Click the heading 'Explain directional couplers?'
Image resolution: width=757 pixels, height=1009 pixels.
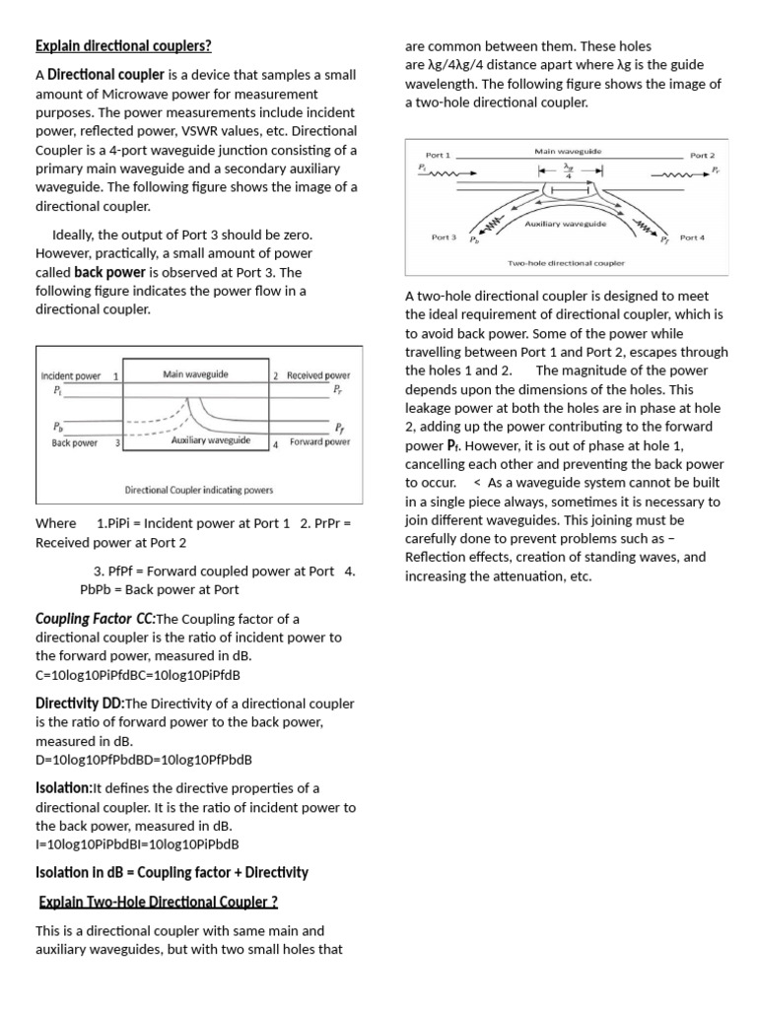(x=123, y=46)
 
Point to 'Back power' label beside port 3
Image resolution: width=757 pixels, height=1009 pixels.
(x=75, y=443)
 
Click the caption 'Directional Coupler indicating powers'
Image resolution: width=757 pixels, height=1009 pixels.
(x=199, y=490)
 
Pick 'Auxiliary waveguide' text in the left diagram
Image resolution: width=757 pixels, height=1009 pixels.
(x=210, y=440)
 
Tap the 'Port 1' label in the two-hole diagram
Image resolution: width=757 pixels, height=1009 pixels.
(x=438, y=156)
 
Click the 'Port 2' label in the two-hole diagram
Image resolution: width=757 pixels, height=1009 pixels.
(x=702, y=156)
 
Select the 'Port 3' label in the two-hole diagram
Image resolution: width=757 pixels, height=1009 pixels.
(x=444, y=237)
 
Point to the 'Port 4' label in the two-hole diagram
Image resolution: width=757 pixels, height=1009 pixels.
(x=692, y=237)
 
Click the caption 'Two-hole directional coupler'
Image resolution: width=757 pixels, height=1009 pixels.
(x=566, y=263)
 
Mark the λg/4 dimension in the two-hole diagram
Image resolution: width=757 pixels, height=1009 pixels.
(x=569, y=169)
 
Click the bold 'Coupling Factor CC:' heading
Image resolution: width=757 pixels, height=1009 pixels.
(x=95, y=619)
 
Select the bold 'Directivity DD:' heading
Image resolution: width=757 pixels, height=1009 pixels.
(x=80, y=704)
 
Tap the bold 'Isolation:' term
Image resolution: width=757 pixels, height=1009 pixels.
(x=63, y=788)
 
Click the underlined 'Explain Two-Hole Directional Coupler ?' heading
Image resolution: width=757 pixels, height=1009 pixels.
(x=158, y=902)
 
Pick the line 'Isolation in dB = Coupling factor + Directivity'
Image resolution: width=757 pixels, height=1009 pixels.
(x=172, y=872)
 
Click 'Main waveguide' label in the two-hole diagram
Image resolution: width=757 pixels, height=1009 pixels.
(x=568, y=152)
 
